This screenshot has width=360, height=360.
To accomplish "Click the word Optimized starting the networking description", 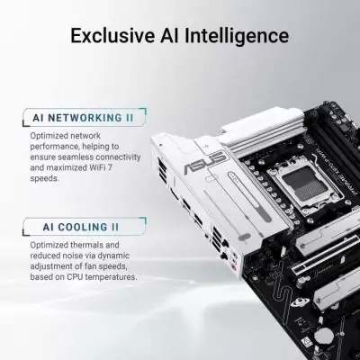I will [x=50, y=136].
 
